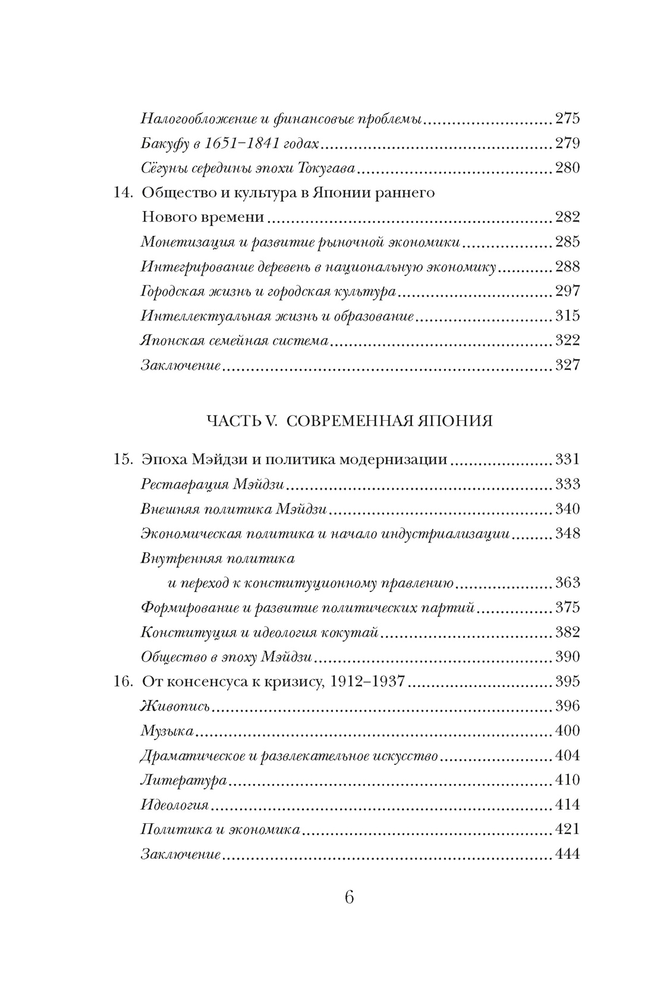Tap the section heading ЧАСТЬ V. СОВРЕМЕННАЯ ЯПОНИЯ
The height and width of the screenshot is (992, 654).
[x=350, y=421]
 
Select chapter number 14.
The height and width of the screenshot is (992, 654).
[x=122, y=193]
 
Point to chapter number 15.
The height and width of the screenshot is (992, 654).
[x=122, y=459]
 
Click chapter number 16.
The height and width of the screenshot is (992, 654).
[x=122, y=681]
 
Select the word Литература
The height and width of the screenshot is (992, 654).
[x=184, y=780]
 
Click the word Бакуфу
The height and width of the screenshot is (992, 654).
[x=164, y=144]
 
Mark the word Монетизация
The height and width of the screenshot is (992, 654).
[x=182, y=242]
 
